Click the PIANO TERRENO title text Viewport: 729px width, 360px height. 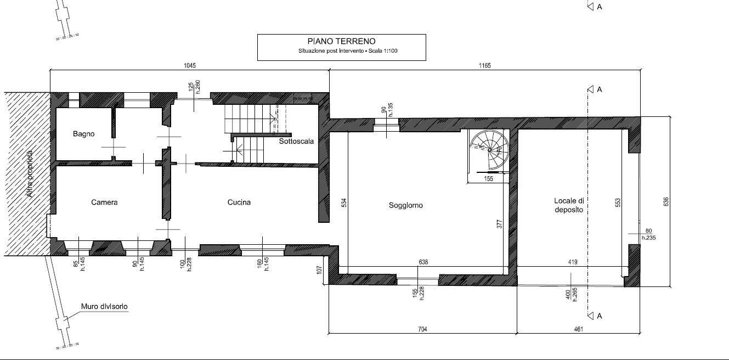tap(341, 41)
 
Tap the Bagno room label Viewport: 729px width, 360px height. tap(83, 134)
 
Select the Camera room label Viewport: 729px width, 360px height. tap(104, 202)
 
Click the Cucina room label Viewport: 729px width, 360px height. tap(239, 202)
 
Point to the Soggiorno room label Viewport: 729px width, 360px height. tap(405, 205)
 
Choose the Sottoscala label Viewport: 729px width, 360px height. tap(296, 141)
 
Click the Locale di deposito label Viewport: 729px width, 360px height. tap(569, 205)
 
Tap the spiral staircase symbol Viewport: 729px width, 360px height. tap(489, 150)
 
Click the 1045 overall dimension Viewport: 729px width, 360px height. tap(190, 65)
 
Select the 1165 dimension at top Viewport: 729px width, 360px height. tap(484, 65)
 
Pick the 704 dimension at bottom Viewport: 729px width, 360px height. tap(422, 329)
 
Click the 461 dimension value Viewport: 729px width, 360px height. tap(578, 329)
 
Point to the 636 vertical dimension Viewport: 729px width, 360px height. tap(666, 201)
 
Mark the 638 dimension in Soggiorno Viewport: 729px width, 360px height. tap(423, 262)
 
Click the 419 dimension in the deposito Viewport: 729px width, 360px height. tap(573, 262)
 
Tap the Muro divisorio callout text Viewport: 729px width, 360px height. tap(104, 306)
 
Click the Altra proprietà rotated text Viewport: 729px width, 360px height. tap(30, 174)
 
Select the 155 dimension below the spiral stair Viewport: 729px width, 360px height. tap(489, 179)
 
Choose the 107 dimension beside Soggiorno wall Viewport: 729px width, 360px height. tap(319, 269)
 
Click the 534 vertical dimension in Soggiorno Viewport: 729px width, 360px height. tap(344, 203)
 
